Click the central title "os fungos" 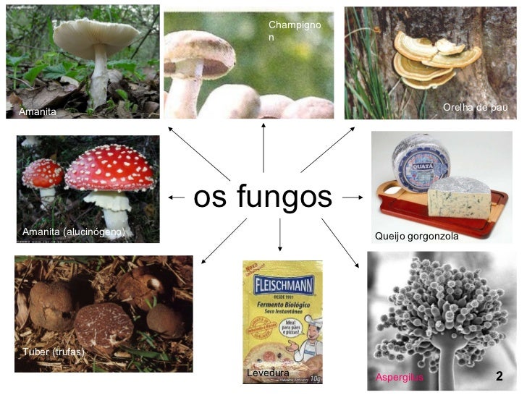[263, 197]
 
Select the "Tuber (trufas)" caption [54, 352]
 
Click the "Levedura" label [268, 373]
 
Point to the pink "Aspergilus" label [399, 378]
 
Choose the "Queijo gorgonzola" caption [416, 237]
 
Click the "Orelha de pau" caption [475, 108]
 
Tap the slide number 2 [499, 377]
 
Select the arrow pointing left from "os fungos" [176, 197]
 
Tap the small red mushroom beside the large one [43, 174]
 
